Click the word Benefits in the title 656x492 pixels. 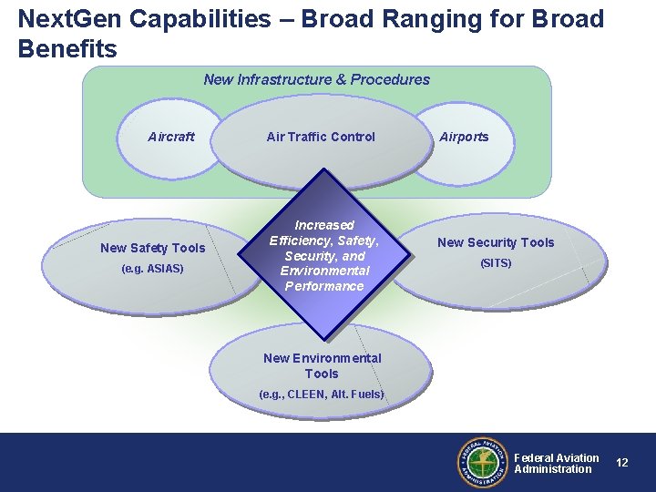coord(67,49)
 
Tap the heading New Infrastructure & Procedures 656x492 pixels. coord(316,79)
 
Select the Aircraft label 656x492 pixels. coord(171,137)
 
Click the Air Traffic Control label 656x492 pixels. coord(321,137)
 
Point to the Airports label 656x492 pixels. coord(464,137)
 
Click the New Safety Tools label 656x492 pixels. coord(153,248)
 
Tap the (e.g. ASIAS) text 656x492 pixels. coord(152,269)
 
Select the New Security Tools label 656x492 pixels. coord(496,242)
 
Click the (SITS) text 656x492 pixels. coord(496,263)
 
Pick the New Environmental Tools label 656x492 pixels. coord(322,365)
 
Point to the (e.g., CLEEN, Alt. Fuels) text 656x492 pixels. coord(322,395)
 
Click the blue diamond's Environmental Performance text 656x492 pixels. coord(324,278)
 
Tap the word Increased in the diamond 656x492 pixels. coord(324,224)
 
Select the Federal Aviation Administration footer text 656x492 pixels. coord(556,464)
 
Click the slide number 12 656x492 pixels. coord(622,463)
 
